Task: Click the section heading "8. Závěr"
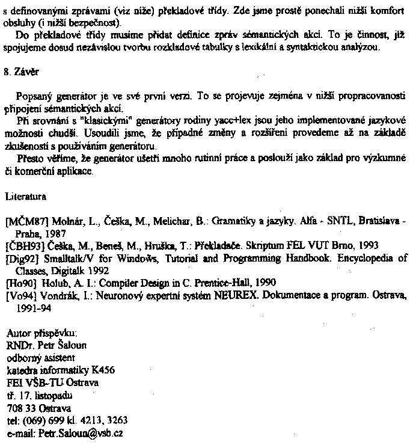tap(22, 71)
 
